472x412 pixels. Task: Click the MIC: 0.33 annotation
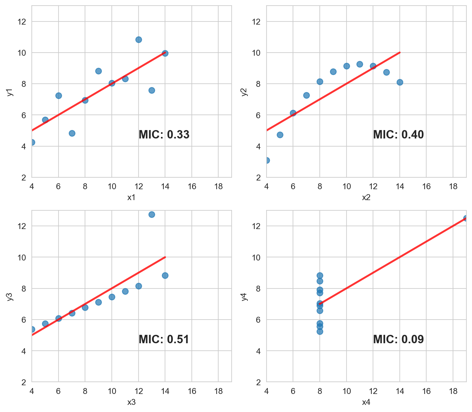point(164,135)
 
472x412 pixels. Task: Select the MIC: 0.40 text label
point(398,135)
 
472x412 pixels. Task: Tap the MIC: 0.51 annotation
point(164,339)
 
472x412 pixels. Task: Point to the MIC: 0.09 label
point(398,339)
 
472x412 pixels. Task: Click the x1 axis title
point(131,197)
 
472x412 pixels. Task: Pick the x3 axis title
point(131,402)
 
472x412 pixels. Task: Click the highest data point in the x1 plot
point(139,40)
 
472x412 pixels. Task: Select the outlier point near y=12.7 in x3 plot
point(152,214)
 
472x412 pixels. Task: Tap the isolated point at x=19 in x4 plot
point(466,218)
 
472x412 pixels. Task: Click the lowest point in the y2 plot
point(267,160)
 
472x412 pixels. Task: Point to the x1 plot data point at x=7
point(72,133)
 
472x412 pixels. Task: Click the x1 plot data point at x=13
point(152,90)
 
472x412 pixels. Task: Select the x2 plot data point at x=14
point(400,82)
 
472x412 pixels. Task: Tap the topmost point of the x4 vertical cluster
point(320,275)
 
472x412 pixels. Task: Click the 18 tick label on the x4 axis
point(453,391)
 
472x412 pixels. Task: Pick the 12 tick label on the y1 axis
point(23,22)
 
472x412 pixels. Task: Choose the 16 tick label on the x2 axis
point(426,186)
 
